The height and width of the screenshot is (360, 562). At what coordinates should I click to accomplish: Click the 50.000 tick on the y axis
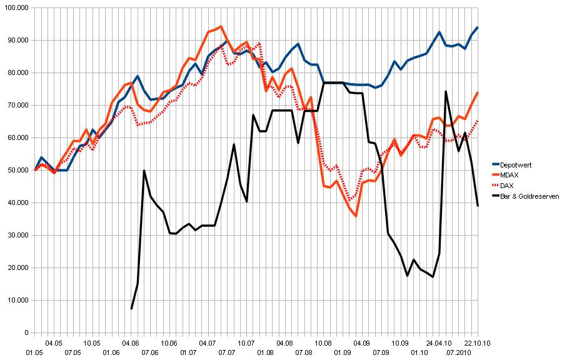pos(17,170)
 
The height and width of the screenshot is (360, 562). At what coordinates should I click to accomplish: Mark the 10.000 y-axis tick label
pos(17,300)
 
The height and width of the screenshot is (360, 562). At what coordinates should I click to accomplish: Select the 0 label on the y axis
pos(25,333)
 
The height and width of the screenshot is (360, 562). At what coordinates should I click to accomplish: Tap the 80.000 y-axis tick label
pos(17,72)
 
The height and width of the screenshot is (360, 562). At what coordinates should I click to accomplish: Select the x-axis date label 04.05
pos(53,343)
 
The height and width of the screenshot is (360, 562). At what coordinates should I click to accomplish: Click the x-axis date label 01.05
pos(34,353)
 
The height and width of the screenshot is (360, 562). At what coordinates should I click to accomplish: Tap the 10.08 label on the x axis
pos(323,343)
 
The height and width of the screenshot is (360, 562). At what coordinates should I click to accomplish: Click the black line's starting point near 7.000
pos(131,309)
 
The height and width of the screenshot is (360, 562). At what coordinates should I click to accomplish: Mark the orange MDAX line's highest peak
pos(221,26)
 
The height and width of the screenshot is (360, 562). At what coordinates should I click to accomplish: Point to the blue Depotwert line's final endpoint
pos(478,27)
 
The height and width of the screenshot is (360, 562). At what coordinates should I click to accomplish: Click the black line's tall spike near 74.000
pos(446,91)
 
